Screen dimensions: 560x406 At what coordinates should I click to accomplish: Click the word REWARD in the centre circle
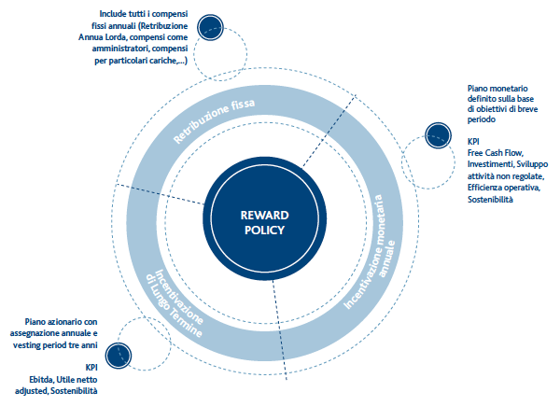click(265, 216)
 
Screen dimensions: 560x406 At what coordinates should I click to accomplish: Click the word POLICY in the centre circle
click(265, 230)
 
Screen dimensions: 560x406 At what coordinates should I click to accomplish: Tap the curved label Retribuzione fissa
click(214, 120)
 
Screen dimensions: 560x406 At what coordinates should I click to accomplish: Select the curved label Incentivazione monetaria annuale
click(370, 253)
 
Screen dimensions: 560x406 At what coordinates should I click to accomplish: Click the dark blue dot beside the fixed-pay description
click(210, 27)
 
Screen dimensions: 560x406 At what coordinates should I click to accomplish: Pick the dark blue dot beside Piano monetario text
click(439, 135)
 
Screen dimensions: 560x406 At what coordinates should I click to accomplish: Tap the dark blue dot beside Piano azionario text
click(119, 356)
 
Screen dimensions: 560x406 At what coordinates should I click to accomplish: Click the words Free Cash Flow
click(496, 153)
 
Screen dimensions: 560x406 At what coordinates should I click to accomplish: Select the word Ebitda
click(41, 379)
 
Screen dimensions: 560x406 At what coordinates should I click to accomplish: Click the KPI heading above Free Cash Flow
click(473, 142)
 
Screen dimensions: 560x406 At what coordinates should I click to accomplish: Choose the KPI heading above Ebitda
click(91, 368)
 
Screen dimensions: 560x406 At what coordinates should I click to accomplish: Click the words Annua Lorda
click(97, 37)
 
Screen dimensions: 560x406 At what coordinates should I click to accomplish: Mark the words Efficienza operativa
click(504, 188)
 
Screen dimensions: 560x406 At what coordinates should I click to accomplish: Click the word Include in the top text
click(112, 14)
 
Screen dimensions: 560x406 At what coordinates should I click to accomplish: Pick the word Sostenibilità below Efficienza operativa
click(490, 199)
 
